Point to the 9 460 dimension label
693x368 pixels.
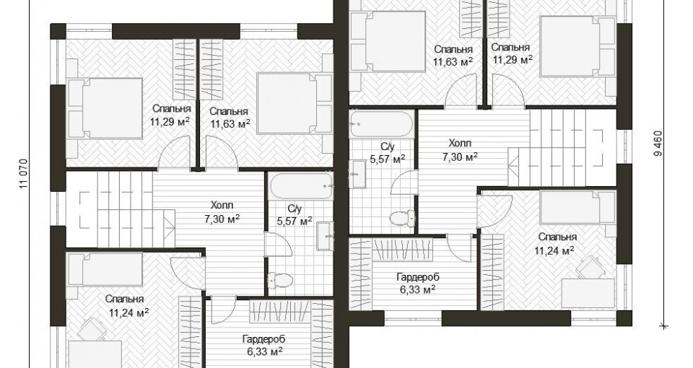point(658,143)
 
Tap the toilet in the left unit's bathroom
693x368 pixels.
point(281,280)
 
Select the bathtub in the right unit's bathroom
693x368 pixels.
point(381,124)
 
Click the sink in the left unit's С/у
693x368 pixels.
point(325,237)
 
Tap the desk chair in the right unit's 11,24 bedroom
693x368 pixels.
point(589,267)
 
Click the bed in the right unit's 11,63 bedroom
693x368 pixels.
point(388,41)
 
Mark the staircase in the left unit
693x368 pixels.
point(121,209)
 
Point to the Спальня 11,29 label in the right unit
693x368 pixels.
point(511,53)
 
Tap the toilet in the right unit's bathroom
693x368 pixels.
point(403,217)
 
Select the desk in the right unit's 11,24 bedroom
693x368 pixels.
point(588,293)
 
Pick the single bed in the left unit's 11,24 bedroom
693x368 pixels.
point(105,270)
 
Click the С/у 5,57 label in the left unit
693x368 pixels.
point(295,214)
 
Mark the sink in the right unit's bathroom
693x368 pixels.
point(358,175)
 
